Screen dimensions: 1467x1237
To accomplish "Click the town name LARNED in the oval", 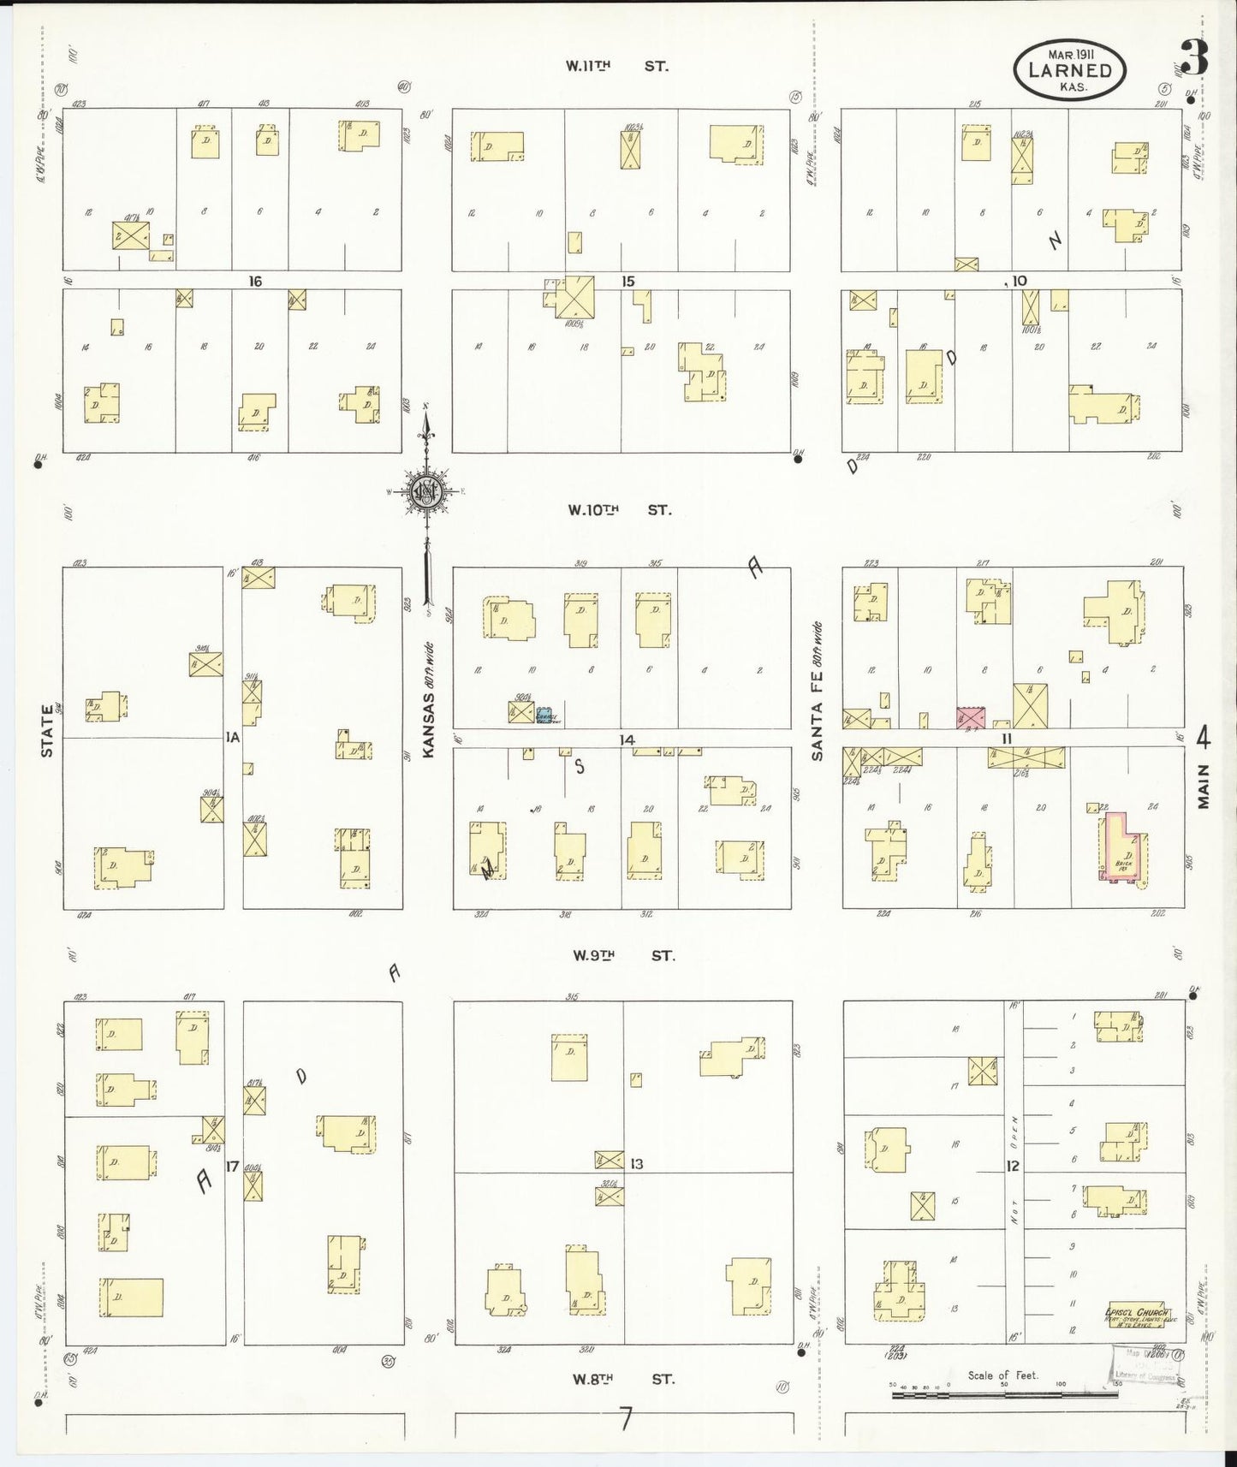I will tap(1070, 71).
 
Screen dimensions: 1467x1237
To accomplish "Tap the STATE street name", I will tap(47, 736).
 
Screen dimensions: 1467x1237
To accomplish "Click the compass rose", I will tap(425, 491).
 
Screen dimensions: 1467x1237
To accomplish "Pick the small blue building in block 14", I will tap(545, 714).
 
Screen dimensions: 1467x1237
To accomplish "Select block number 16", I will tap(254, 281).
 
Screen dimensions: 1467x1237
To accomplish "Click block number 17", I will tap(231, 1166).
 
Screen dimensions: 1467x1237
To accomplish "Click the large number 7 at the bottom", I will tap(626, 1420).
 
